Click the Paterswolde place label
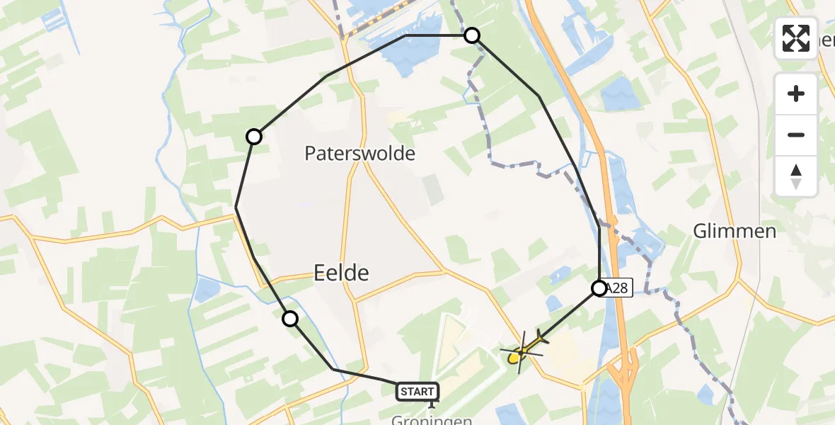click(x=359, y=153)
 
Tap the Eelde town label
click(x=341, y=271)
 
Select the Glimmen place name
click(x=735, y=231)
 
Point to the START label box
click(x=417, y=391)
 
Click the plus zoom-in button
click(x=796, y=93)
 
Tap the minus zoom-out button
click(x=796, y=135)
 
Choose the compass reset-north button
click(x=796, y=176)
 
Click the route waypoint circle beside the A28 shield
click(x=599, y=288)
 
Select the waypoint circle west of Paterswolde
click(x=254, y=137)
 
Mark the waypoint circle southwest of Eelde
click(x=290, y=319)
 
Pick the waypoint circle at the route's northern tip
click(x=472, y=35)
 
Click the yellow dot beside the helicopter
click(x=513, y=359)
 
